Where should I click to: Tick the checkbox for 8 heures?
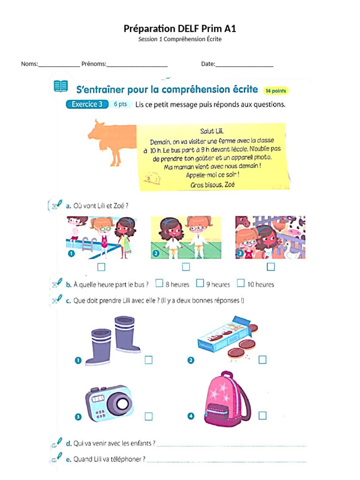point(159,283)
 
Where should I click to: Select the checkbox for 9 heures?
point(200,283)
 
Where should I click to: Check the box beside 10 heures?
point(240,283)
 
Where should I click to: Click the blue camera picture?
point(108,404)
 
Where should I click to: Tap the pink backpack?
point(226,399)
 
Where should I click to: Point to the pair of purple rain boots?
point(113,340)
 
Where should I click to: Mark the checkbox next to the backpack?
point(262,415)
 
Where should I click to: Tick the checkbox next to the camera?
point(149,416)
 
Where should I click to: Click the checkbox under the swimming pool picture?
point(101,267)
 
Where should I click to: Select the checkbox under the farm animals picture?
point(270,267)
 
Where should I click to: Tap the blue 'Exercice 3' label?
point(87,105)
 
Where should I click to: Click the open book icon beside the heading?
point(60,86)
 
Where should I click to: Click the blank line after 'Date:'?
point(244,65)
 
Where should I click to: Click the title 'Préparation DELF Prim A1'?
point(180,29)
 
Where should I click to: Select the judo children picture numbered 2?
point(186,238)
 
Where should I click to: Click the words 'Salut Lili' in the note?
point(212,132)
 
